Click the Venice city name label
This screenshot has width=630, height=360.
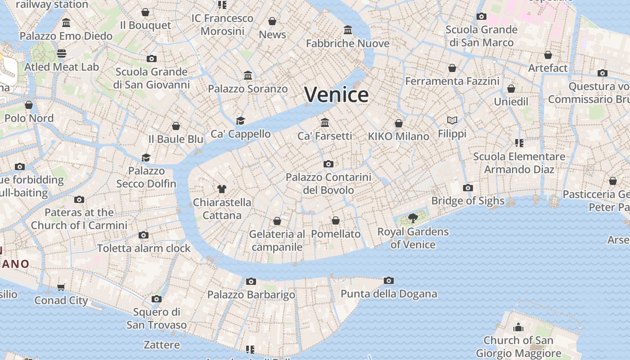tap(337, 94)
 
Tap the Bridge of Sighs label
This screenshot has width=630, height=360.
tap(468, 201)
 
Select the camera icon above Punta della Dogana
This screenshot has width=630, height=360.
tap(389, 281)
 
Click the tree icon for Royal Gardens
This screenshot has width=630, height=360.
tap(413, 219)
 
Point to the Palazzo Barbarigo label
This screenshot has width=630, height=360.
tap(251, 295)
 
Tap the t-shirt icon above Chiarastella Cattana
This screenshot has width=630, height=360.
tap(221, 189)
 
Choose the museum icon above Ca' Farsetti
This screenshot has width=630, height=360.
tap(325, 122)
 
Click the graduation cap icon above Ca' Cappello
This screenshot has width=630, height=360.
tap(240, 121)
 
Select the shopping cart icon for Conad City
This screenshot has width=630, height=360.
tap(61, 287)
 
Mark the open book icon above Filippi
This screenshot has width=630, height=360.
tap(452, 120)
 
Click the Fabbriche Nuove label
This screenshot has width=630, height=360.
tap(347, 44)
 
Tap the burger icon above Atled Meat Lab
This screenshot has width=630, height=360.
tap(62, 54)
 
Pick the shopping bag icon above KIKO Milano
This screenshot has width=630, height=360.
tap(398, 123)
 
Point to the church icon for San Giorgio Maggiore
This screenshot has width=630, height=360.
tap(518, 327)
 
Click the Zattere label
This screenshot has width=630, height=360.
tap(162, 345)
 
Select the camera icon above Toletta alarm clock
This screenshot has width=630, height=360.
tap(144, 235)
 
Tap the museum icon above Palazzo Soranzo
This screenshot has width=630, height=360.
tap(248, 76)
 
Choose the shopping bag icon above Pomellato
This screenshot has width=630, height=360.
tap(335, 220)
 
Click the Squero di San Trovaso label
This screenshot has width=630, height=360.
tap(156, 318)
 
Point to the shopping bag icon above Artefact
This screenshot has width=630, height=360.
tap(548, 55)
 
